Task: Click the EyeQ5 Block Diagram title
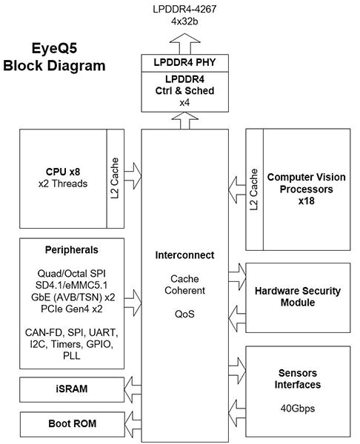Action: pyautogui.click(x=54, y=58)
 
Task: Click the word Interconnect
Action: pyautogui.click(x=184, y=255)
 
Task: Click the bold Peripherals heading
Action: pyautogui.click(x=70, y=250)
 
